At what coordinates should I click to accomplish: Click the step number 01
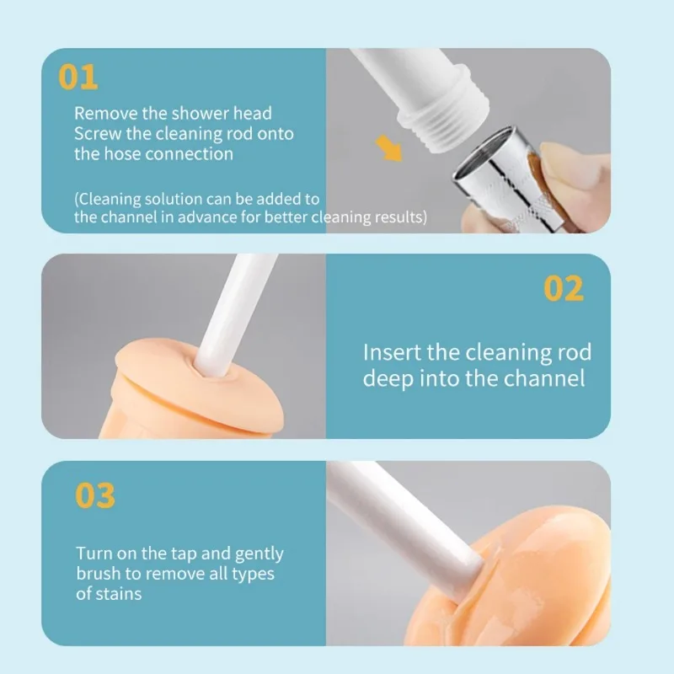pyautogui.click(x=78, y=77)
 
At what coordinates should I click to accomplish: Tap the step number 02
pyautogui.click(x=563, y=288)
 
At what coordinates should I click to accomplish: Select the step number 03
pyautogui.click(x=94, y=495)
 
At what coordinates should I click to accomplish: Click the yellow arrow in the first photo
pyautogui.click(x=388, y=147)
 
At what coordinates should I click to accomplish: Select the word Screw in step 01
pyautogui.click(x=97, y=133)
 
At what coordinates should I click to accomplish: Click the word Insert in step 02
pyautogui.click(x=389, y=352)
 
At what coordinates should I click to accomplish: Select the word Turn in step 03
pyautogui.click(x=94, y=554)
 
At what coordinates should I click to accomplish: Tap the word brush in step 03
pyautogui.click(x=100, y=574)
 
